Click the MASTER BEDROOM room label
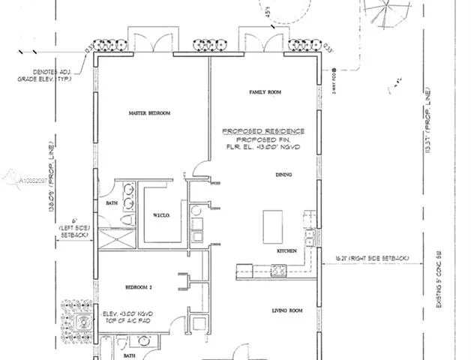149,113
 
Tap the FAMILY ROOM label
265,92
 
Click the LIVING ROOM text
286,309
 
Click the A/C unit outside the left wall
83,325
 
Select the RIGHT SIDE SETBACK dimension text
371,259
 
